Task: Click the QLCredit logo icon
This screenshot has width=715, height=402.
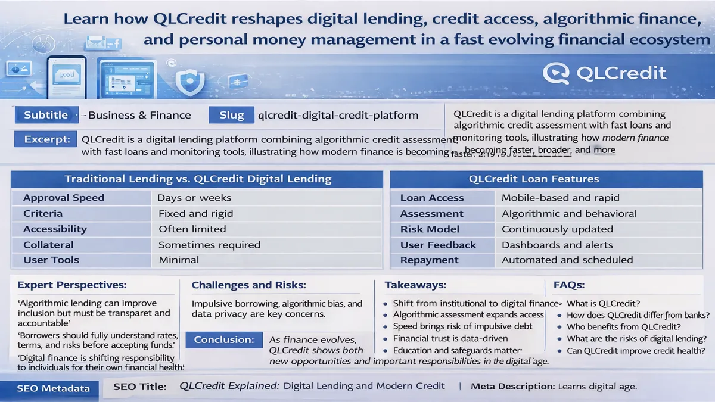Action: (557, 73)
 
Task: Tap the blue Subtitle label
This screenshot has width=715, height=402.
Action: (46, 116)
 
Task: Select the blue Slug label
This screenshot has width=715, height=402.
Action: (231, 116)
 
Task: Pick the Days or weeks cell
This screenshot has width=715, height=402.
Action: (194, 198)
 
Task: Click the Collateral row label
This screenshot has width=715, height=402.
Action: (48, 245)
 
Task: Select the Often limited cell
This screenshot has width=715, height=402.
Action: (192, 229)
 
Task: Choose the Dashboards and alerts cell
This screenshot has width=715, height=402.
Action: (557, 245)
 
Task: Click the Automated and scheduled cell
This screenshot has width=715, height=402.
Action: (567, 260)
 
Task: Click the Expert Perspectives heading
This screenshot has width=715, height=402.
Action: (71, 286)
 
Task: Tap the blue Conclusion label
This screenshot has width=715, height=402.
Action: (224, 340)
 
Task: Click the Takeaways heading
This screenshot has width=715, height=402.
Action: (415, 286)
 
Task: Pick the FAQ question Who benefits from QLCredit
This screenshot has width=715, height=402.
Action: (624, 327)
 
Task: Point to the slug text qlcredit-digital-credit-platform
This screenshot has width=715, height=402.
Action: (338, 116)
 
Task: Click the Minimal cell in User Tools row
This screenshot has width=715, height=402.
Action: (179, 260)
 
